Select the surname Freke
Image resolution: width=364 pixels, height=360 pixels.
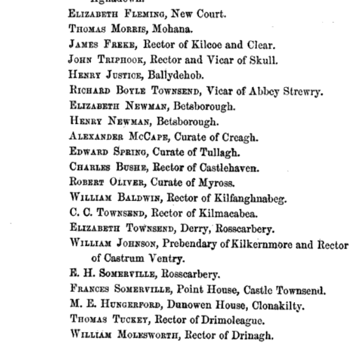tap(123, 44)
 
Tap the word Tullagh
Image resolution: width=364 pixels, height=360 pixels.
tap(218, 152)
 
